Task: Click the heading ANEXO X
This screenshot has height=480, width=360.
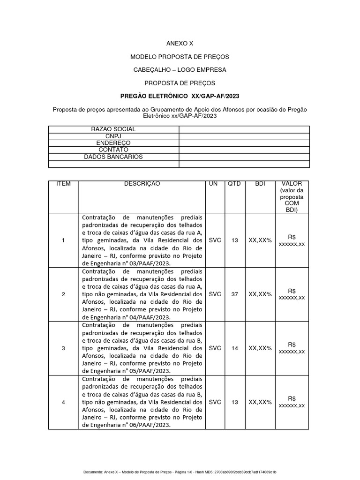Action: (180, 43)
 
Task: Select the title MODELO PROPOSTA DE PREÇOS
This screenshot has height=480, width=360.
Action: (180, 57)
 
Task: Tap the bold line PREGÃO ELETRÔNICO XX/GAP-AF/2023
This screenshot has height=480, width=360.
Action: (180, 96)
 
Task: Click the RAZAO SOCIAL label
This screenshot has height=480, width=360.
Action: (113, 129)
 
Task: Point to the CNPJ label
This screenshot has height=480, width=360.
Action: (113, 136)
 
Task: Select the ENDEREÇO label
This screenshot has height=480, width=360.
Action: (113, 143)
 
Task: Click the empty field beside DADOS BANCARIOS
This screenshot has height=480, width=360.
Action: (244, 157)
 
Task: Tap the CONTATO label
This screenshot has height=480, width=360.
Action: (113, 150)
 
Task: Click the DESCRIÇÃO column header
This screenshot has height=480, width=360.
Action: (142, 184)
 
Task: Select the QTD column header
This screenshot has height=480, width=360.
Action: (234, 184)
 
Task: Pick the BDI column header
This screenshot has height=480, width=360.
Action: (260, 184)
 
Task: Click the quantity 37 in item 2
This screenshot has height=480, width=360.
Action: (234, 294)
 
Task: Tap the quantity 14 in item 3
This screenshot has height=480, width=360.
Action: (234, 348)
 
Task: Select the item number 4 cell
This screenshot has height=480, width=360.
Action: (63, 402)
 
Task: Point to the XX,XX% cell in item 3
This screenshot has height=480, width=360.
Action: (260, 348)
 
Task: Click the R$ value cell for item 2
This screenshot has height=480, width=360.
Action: (292, 294)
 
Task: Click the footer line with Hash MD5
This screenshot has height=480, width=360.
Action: (180, 472)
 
